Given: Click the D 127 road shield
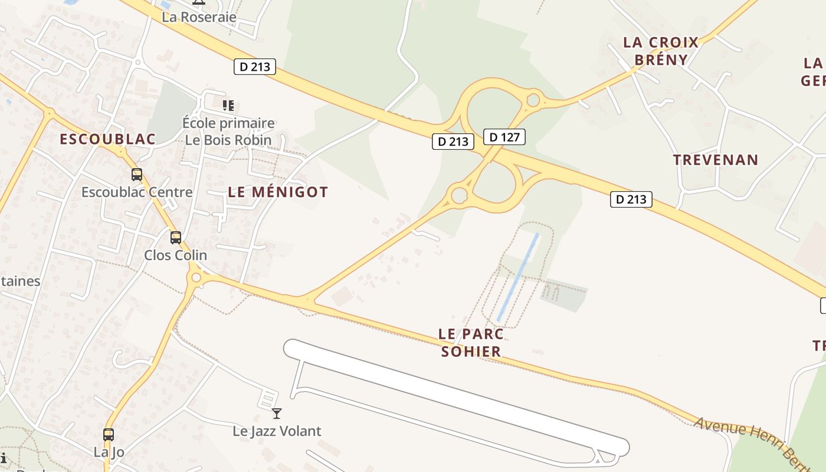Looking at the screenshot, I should pyautogui.click(x=504, y=137).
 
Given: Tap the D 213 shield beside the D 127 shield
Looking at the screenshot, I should pyautogui.click(x=453, y=142).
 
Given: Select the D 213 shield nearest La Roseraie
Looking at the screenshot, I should pyautogui.click(x=255, y=67).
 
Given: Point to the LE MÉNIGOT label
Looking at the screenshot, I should pyautogui.click(x=278, y=192).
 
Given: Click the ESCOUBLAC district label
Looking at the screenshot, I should pyautogui.click(x=108, y=139).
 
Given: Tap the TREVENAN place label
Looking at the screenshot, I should pyautogui.click(x=716, y=160).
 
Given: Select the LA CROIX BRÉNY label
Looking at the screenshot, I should pyautogui.click(x=661, y=51).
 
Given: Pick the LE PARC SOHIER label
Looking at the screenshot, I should pyautogui.click(x=471, y=343).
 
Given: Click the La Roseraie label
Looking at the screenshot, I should pyautogui.click(x=199, y=17).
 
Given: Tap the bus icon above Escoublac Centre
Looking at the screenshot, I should pyautogui.click(x=137, y=175).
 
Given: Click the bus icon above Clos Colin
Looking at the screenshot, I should pyautogui.click(x=176, y=238).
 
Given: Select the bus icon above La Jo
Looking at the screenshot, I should pyautogui.click(x=109, y=435).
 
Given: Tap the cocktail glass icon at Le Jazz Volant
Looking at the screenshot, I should pyautogui.click(x=277, y=414).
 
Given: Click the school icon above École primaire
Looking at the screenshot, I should pyautogui.click(x=228, y=106).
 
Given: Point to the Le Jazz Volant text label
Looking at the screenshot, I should pyautogui.click(x=277, y=431).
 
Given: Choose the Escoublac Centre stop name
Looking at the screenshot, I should pyautogui.click(x=137, y=192).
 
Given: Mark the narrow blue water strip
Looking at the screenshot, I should pyautogui.click(x=518, y=277).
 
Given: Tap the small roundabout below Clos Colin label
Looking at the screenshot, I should pyautogui.click(x=196, y=277).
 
